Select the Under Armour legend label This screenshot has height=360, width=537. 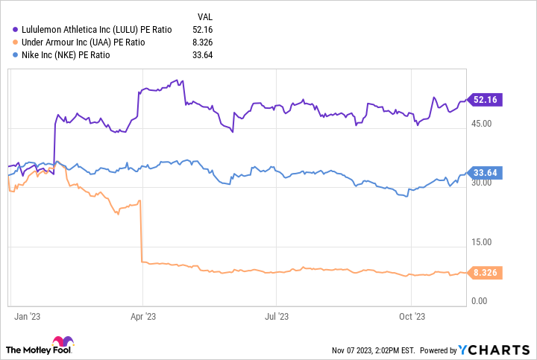tap(85, 42)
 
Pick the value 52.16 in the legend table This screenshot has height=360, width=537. tap(203, 29)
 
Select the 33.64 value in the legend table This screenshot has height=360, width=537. tap(203, 54)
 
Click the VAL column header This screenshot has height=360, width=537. tap(205, 16)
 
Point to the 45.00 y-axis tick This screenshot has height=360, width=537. tap(482, 124)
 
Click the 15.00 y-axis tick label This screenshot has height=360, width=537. tap(482, 242)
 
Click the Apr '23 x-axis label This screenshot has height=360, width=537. tap(143, 317)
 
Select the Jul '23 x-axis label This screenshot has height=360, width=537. tap(277, 317)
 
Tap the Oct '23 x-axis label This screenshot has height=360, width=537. tap(412, 317)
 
